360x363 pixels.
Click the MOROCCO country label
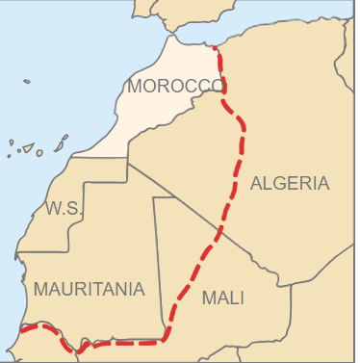(175, 86)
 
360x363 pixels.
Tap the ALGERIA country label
(290, 183)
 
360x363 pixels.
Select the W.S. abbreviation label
(64, 209)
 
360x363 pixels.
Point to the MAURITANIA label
(89, 289)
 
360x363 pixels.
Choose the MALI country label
(222, 298)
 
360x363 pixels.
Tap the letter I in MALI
(241, 298)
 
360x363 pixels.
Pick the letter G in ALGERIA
(278, 183)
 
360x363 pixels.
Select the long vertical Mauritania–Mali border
(154, 260)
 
